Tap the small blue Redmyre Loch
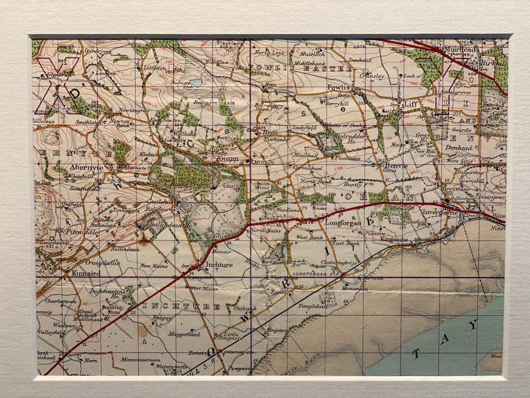coord(196,83)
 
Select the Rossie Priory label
coord(183,183)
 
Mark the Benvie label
coord(397,166)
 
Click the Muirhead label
coord(458,50)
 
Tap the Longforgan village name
coord(343,223)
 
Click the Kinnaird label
coord(78,273)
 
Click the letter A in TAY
coord(445,339)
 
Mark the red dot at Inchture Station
coord(220,351)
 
